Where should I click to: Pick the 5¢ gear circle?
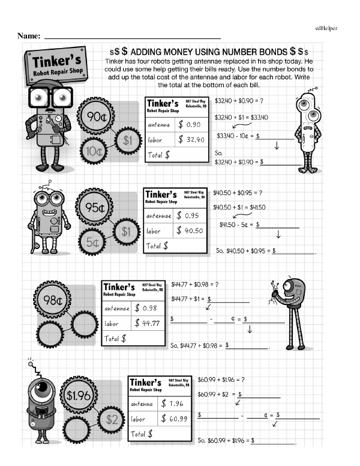(x=93, y=243)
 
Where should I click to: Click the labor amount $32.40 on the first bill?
(x=193, y=140)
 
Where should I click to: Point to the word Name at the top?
(x=29, y=35)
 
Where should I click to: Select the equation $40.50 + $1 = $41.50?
(x=240, y=207)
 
